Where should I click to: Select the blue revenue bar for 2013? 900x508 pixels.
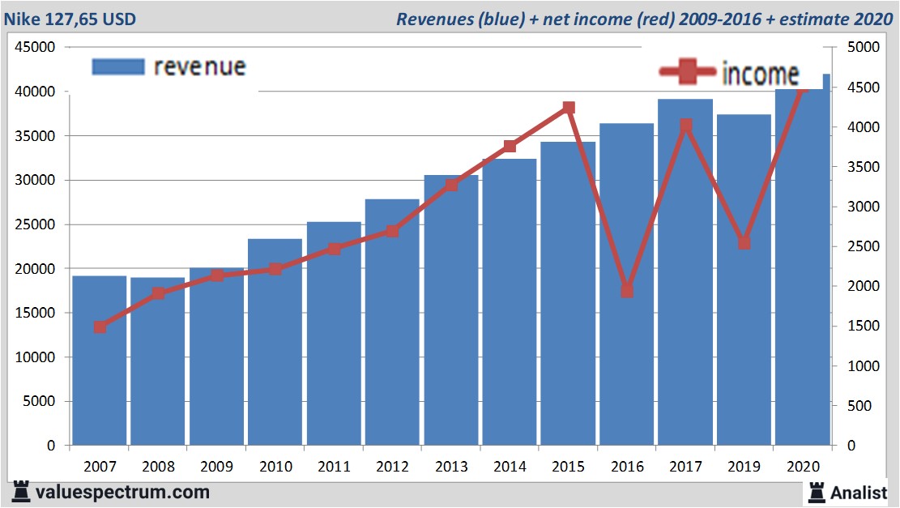pyautogui.click(x=451, y=324)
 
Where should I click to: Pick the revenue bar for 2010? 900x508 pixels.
pyautogui.click(x=275, y=348)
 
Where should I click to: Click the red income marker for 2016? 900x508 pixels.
pyautogui.click(x=627, y=291)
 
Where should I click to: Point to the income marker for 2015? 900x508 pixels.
pyautogui.click(x=569, y=108)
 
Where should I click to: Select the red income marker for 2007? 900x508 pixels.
pyautogui.click(x=100, y=327)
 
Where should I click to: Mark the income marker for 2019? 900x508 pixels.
pyautogui.click(x=744, y=243)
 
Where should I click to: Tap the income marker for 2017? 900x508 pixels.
pyautogui.click(x=685, y=126)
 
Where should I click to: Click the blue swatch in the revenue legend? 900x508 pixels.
pyautogui.click(x=118, y=66)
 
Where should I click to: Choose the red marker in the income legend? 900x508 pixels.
pyautogui.click(x=688, y=73)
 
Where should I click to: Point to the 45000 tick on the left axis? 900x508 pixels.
pyautogui.click(x=35, y=48)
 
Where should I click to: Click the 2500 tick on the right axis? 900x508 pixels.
pyautogui.click(x=862, y=246)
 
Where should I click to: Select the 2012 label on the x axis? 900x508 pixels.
pyautogui.click(x=393, y=467)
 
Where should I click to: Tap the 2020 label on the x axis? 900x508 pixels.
pyautogui.click(x=803, y=467)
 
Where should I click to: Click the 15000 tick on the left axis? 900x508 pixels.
pyautogui.click(x=35, y=313)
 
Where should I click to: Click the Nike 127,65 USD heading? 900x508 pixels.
pyautogui.click(x=70, y=19)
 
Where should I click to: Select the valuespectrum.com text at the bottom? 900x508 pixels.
pyautogui.click(x=122, y=492)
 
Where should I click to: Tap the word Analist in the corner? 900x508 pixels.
pyautogui.click(x=859, y=492)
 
